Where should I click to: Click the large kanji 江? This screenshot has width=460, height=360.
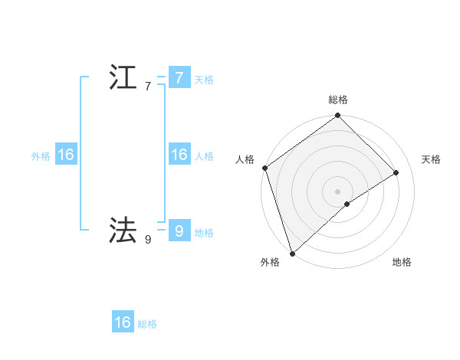pos(123,79)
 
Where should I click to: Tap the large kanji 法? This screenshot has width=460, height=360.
pos(123,230)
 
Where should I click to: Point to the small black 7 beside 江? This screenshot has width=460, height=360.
pos(148,87)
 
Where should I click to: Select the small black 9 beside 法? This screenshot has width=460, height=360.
pos(148,240)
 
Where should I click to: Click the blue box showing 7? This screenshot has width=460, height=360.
pos(179,78)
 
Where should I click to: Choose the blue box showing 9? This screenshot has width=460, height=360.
pos(179,230)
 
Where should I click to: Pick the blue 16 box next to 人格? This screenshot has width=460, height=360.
pos(179,155)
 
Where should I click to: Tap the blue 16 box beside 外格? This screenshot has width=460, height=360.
pos(65,155)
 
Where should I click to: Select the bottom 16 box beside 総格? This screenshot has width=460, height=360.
pos(123,322)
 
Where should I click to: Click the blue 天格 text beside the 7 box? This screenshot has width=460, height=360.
pos(204,80)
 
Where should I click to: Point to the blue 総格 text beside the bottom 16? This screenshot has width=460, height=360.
pos(147,324)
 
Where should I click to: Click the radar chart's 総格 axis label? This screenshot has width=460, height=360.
pos(338,100)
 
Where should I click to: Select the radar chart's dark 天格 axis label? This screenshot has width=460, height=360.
pos(432,159)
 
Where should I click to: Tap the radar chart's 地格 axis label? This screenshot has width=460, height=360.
pos(402,263)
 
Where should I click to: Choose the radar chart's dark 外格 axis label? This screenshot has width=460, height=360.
pos(270,263)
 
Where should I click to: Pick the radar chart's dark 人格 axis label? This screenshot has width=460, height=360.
pos(245,159)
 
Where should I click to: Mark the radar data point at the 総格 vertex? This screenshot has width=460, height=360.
pos(338,116)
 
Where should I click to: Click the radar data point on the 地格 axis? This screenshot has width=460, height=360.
pos(347,204)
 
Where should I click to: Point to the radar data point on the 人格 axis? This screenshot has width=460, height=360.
pos(264,168)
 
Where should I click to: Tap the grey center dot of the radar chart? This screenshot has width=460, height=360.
pos(338,191)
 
